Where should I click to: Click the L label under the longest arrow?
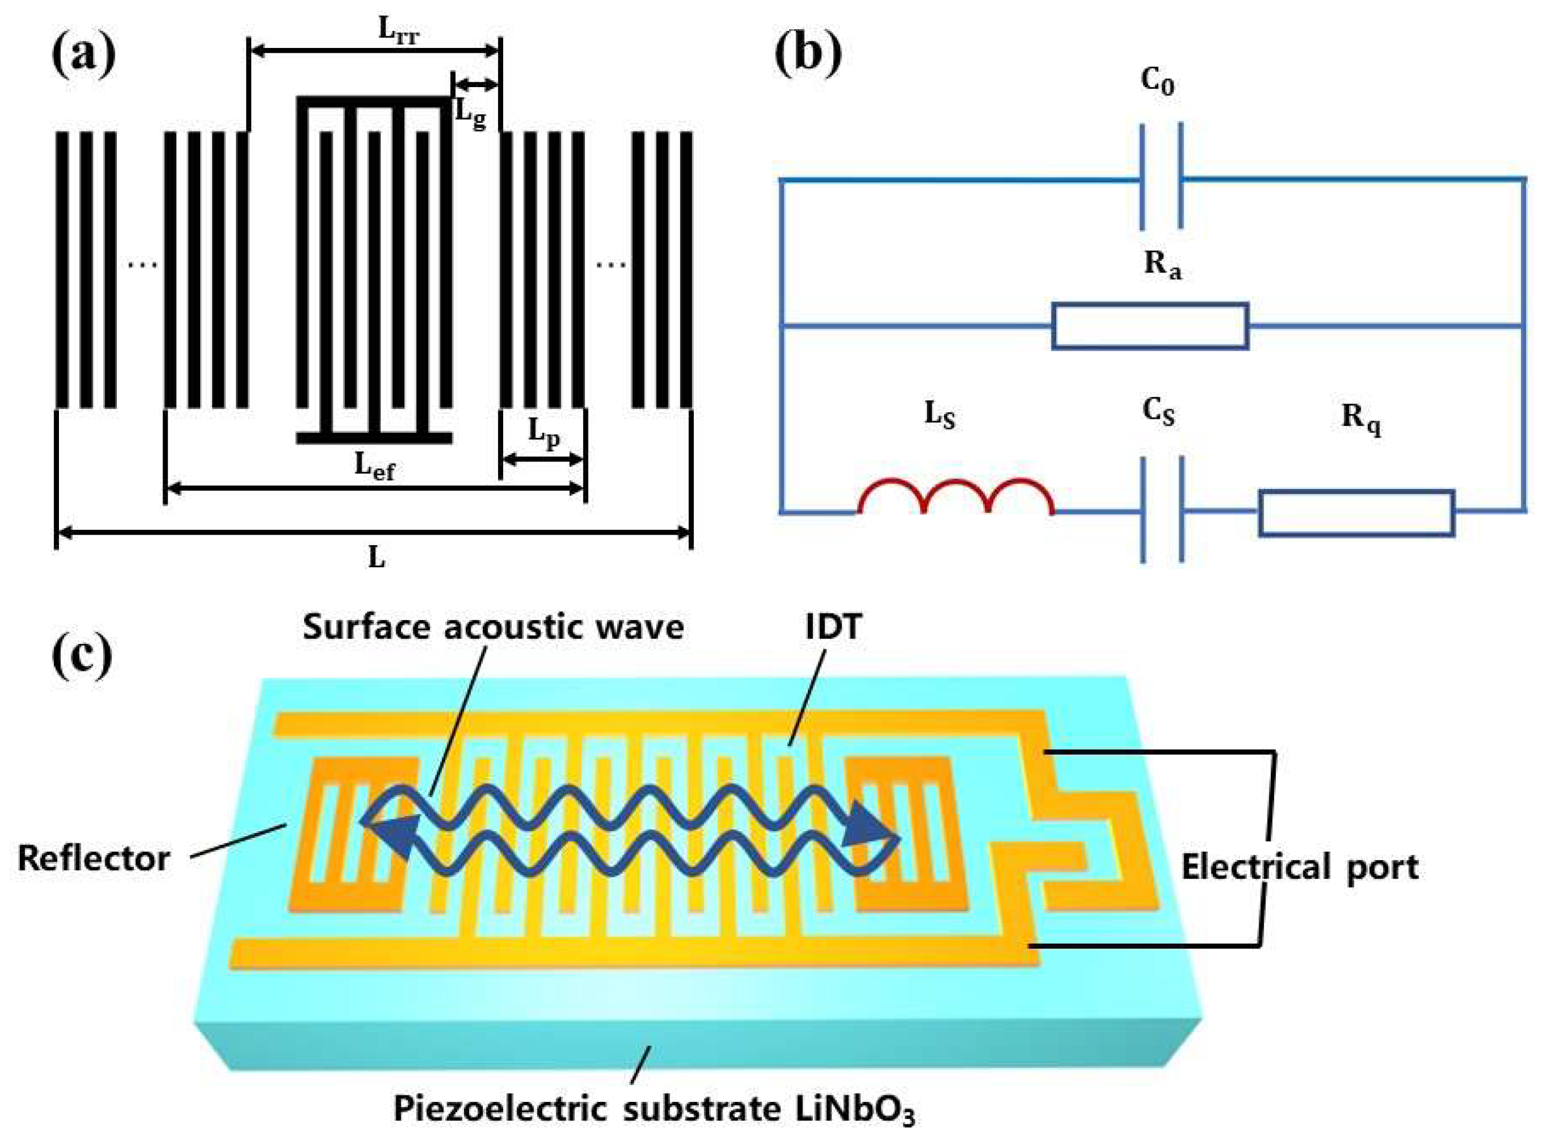click(x=376, y=557)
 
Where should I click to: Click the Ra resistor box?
click(x=1150, y=326)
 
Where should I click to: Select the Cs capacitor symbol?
click(x=1162, y=510)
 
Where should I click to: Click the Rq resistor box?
click(x=1356, y=513)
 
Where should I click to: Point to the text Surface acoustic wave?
click(x=493, y=627)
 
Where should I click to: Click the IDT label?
click(x=833, y=627)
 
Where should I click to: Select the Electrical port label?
click(x=1300, y=867)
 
